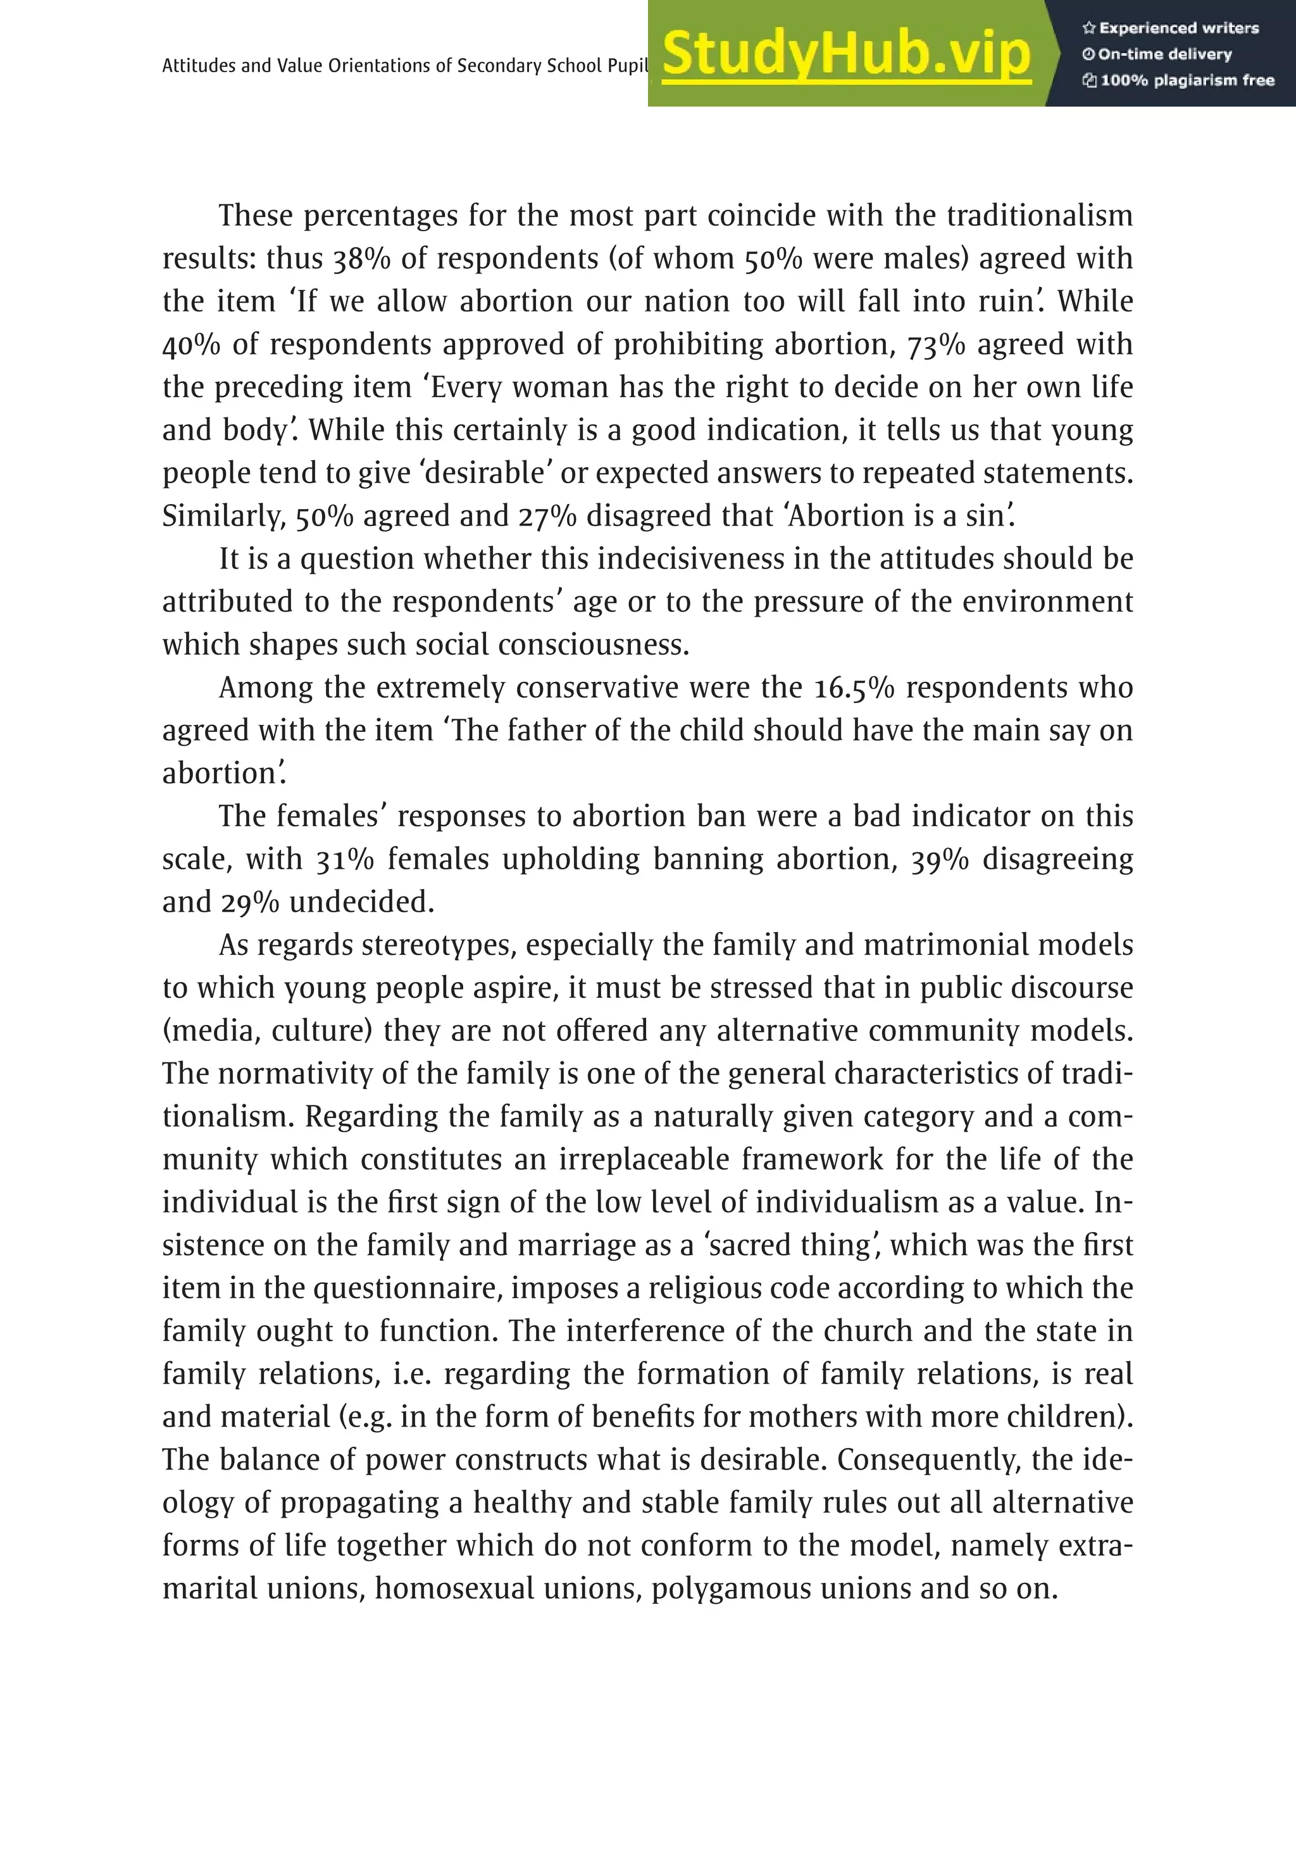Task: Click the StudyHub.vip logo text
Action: tap(845, 54)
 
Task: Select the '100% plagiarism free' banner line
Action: tap(1178, 80)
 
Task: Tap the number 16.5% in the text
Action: tap(853, 688)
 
